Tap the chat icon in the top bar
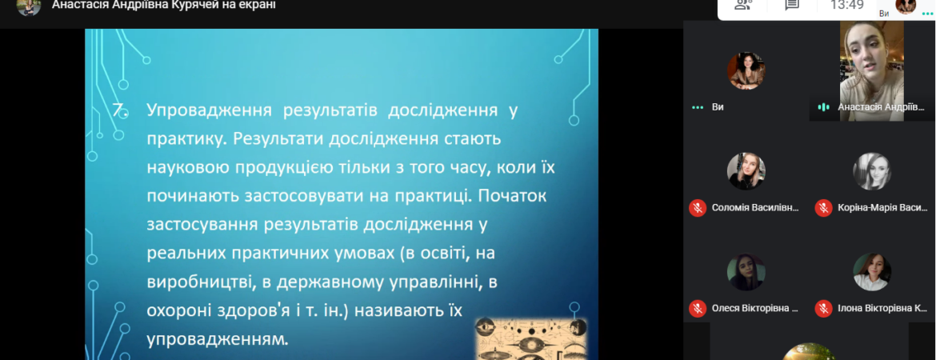coord(791,5)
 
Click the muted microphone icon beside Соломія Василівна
coord(698,208)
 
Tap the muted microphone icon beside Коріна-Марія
coord(823,208)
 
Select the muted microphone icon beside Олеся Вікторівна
coord(698,309)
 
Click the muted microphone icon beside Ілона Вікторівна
coord(823,309)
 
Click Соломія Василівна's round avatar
coord(746,171)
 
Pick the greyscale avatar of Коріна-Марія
coord(872,171)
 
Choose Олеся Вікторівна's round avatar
coord(746,272)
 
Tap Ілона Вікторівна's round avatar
coord(872,272)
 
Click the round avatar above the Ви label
coord(746,71)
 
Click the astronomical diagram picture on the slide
coord(531,339)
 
